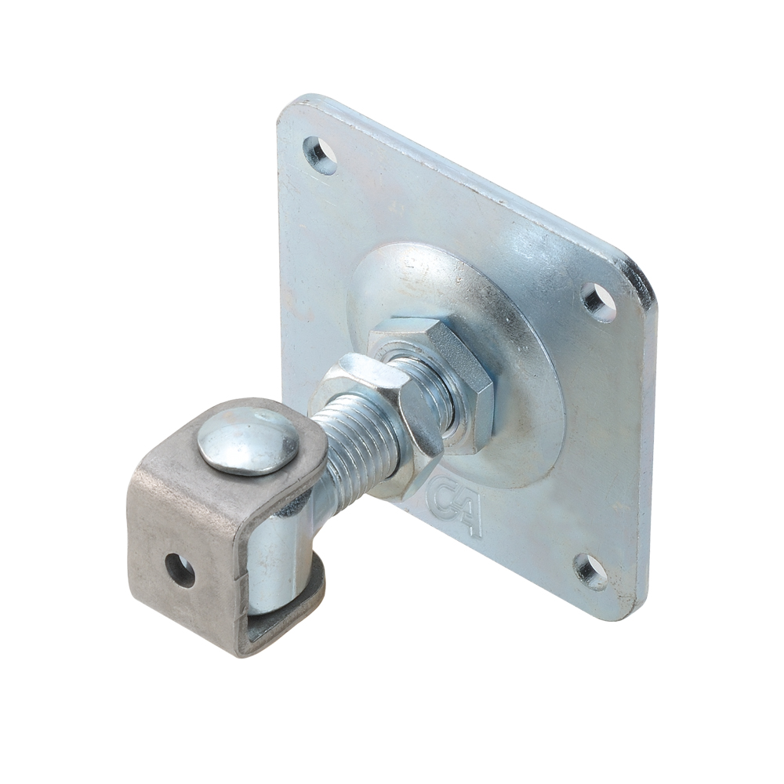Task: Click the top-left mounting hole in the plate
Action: click(x=320, y=154)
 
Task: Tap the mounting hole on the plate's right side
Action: click(x=600, y=302)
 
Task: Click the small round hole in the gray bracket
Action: click(x=181, y=569)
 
